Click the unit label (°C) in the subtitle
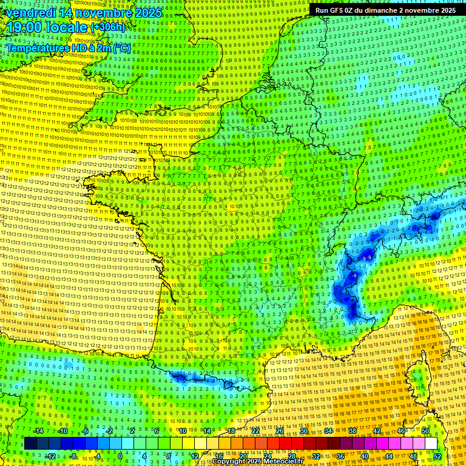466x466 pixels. [x=121, y=48]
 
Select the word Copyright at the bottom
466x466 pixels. [x=229, y=462]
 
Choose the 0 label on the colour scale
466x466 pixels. [x=120, y=456]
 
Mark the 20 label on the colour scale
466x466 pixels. [x=243, y=456]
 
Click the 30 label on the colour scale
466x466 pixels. [x=303, y=431]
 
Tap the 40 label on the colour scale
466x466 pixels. [x=364, y=456]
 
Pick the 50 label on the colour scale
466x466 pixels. [x=425, y=431]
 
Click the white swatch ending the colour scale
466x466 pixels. [x=431, y=444]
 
